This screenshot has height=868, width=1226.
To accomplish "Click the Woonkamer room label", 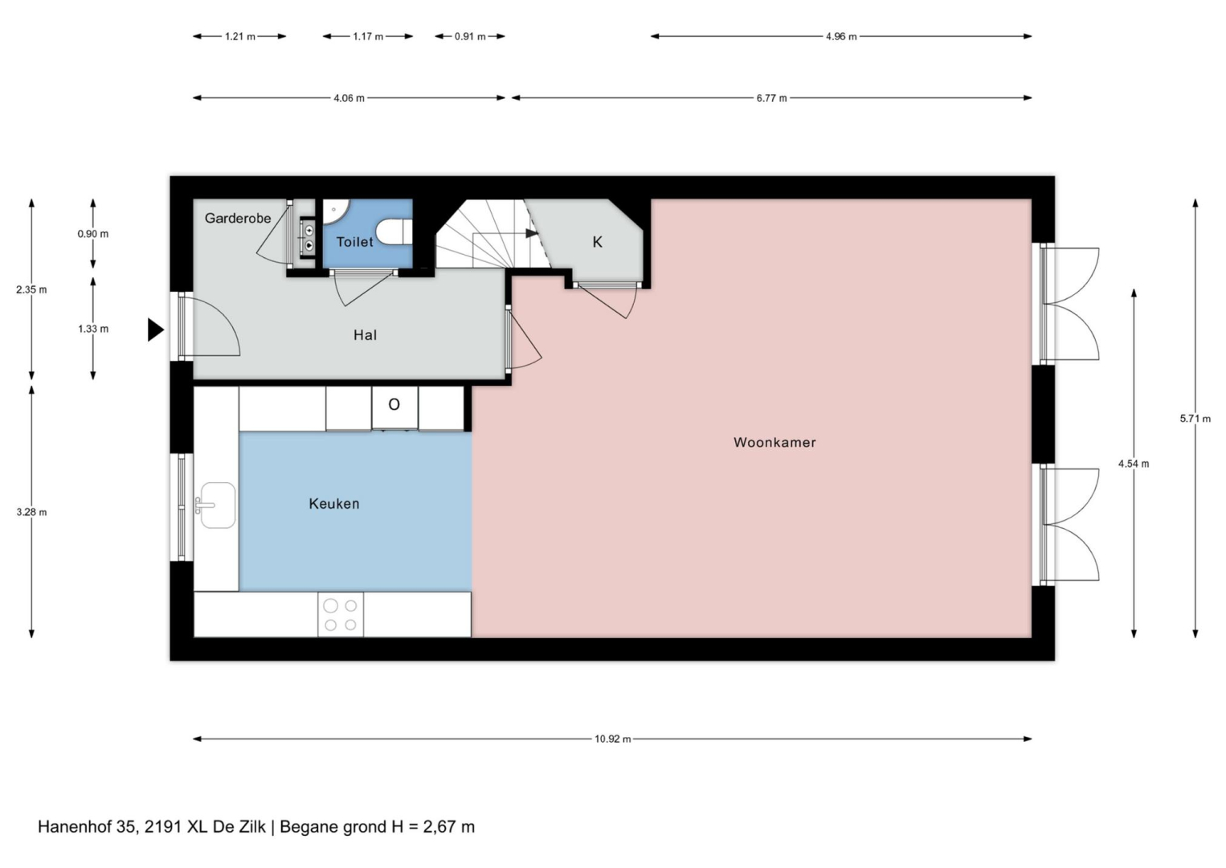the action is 774,443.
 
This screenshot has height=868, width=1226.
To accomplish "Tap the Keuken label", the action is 334,504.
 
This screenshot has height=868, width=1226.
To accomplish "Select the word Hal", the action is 365,335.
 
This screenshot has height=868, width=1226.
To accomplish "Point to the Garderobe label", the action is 238,219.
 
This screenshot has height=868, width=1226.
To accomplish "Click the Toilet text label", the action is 354,242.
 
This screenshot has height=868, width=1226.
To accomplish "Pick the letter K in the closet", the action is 597,242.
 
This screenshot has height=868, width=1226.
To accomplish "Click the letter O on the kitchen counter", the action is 394,405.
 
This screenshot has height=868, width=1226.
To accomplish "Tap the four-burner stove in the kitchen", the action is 341,615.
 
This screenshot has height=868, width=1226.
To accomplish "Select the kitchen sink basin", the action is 218,505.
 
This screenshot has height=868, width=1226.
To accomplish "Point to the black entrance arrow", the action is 156,330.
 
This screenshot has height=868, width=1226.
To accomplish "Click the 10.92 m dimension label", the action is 612,739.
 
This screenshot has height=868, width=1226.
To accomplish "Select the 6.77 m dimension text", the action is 772,98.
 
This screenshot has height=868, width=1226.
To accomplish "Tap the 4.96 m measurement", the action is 841,37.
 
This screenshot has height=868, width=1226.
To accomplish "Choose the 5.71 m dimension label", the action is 1195,419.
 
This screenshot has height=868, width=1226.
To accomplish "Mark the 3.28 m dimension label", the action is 32,513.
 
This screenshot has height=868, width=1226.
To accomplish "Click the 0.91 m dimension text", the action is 470,37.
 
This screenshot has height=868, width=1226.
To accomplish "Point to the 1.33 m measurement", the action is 93,330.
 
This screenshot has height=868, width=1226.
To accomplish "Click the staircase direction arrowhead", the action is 532,233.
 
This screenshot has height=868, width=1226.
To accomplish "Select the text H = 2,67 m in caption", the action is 432,826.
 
